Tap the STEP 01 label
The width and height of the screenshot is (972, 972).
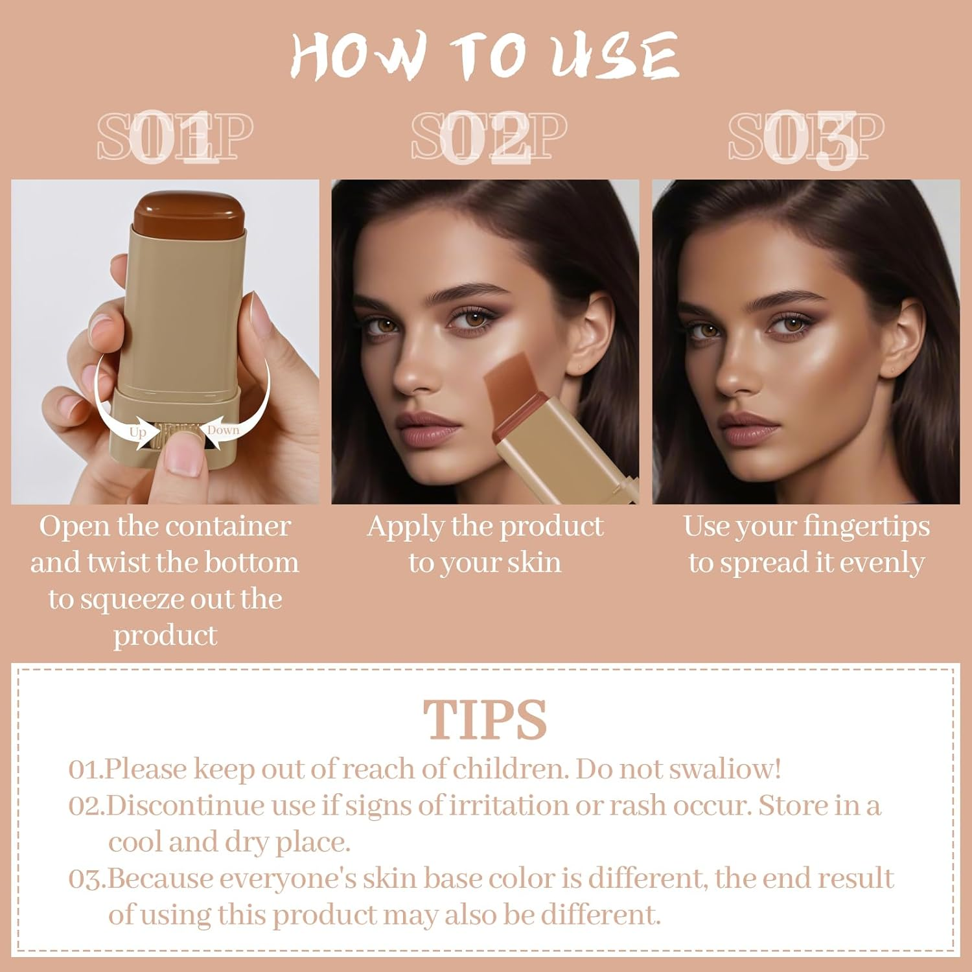175,137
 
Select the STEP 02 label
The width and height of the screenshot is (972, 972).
489,137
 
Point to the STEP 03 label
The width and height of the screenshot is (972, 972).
806,137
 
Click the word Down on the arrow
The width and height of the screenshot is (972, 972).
223,430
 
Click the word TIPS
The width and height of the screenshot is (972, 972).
485,720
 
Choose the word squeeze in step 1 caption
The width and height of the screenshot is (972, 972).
133,599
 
